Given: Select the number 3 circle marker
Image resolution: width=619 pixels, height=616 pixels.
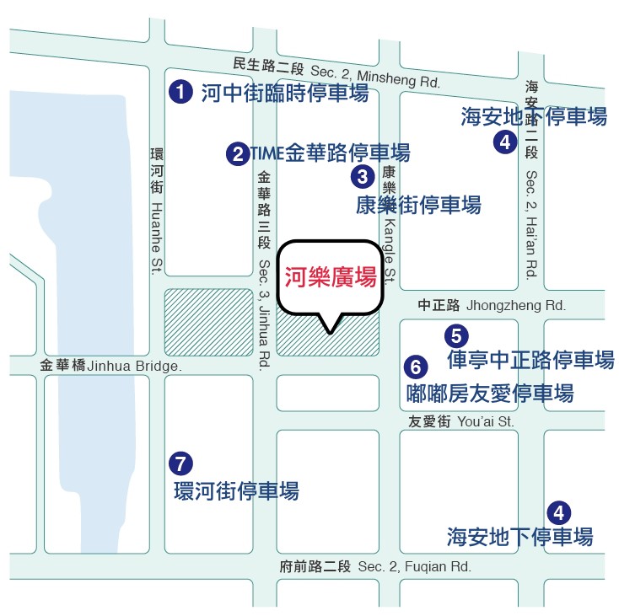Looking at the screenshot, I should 362,176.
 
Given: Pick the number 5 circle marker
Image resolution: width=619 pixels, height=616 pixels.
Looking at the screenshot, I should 456,335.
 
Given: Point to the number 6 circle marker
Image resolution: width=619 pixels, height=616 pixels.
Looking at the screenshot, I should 415,367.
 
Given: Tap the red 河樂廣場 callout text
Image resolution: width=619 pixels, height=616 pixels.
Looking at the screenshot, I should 330,277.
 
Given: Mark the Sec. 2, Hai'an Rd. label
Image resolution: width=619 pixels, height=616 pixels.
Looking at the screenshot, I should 531,225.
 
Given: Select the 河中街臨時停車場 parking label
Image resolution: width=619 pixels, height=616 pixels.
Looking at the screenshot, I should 285,93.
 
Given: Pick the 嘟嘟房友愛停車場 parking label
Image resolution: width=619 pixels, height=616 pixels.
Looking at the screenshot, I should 490,393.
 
